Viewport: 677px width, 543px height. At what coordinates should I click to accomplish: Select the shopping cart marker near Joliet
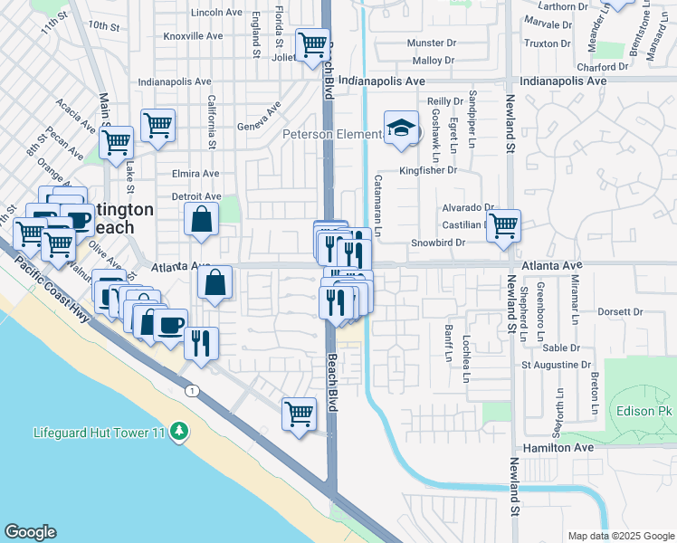[312, 43]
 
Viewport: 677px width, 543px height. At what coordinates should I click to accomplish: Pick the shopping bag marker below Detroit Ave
[201, 218]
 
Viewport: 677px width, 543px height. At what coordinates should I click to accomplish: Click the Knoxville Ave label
[193, 36]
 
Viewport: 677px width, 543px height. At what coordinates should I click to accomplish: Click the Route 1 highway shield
[192, 390]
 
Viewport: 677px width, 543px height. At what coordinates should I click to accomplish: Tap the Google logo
[30, 532]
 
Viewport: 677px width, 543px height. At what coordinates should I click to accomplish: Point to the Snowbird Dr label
[437, 243]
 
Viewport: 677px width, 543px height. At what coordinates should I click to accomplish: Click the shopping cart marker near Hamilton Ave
[298, 414]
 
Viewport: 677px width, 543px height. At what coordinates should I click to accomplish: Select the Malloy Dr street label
[433, 61]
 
